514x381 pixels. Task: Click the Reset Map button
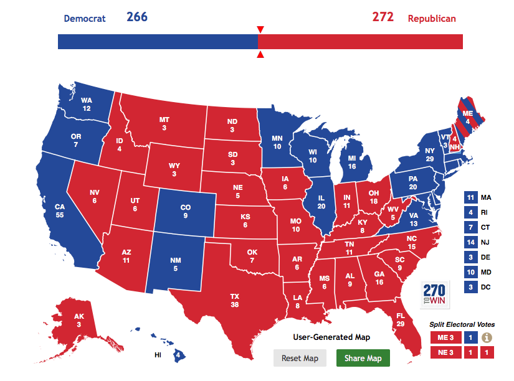tap(300, 358)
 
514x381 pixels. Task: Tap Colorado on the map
tap(185, 212)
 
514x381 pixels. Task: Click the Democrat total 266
tap(137, 17)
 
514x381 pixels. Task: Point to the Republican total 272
tap(383, 17)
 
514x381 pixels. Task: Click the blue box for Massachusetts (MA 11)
tap(470, 197)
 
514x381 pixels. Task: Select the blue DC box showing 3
tap(470, 287)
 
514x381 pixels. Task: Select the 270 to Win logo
tap(434, 293)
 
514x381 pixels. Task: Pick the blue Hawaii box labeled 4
tap(179, 355)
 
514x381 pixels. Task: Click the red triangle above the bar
tap(260, 30)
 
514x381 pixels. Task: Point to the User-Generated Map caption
tap(331, 337)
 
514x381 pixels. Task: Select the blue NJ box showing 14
tap(470, 242)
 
